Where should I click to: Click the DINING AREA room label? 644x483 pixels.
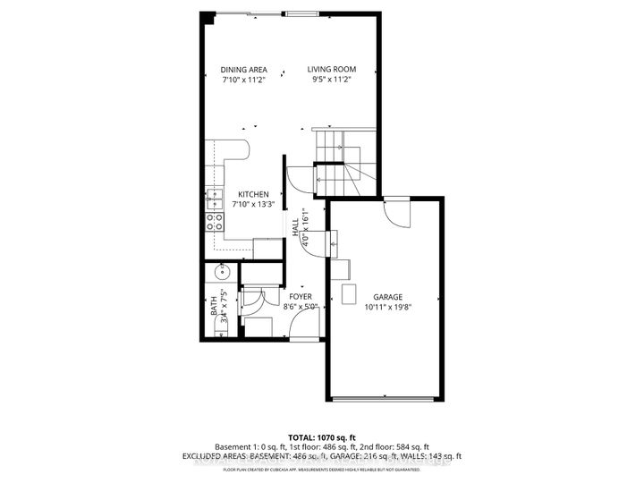(x=244, y=69)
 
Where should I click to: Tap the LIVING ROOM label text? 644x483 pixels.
(x=332, y=69)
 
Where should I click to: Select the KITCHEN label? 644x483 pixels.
(x=253, y=193)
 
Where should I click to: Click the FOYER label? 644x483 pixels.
(x=300, y=296)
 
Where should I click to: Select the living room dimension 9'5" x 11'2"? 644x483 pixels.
(x=332, y=80)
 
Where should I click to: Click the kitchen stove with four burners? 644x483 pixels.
(x=215, y=221)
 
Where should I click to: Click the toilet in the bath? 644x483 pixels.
(x=221, y=330)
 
